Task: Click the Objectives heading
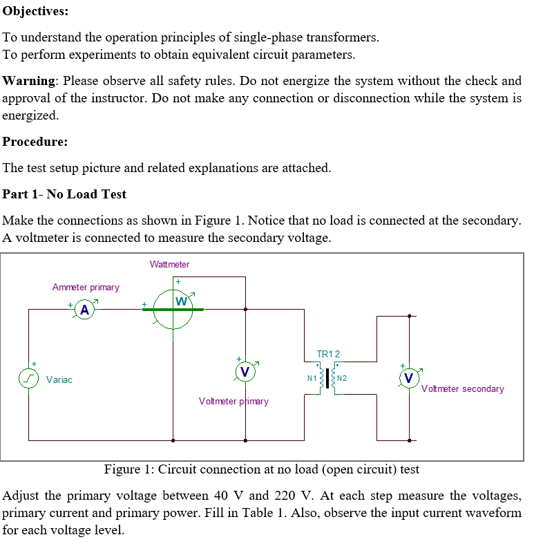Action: point(35,12)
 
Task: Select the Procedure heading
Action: point(35,142)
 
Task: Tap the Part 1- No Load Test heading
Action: point(64,194)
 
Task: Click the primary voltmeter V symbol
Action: point(245,372)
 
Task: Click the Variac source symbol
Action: point(28,379)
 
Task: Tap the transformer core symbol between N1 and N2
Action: point(327,379)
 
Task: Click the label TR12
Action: point(327,354)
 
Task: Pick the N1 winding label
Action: point(312,378)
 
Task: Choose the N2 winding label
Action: point(342,378)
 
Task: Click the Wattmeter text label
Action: point(169,264)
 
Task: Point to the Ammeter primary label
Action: point(86,287)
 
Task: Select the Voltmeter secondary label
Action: point(462,388)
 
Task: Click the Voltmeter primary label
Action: point(233,401)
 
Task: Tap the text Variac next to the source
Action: point(59,379)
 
